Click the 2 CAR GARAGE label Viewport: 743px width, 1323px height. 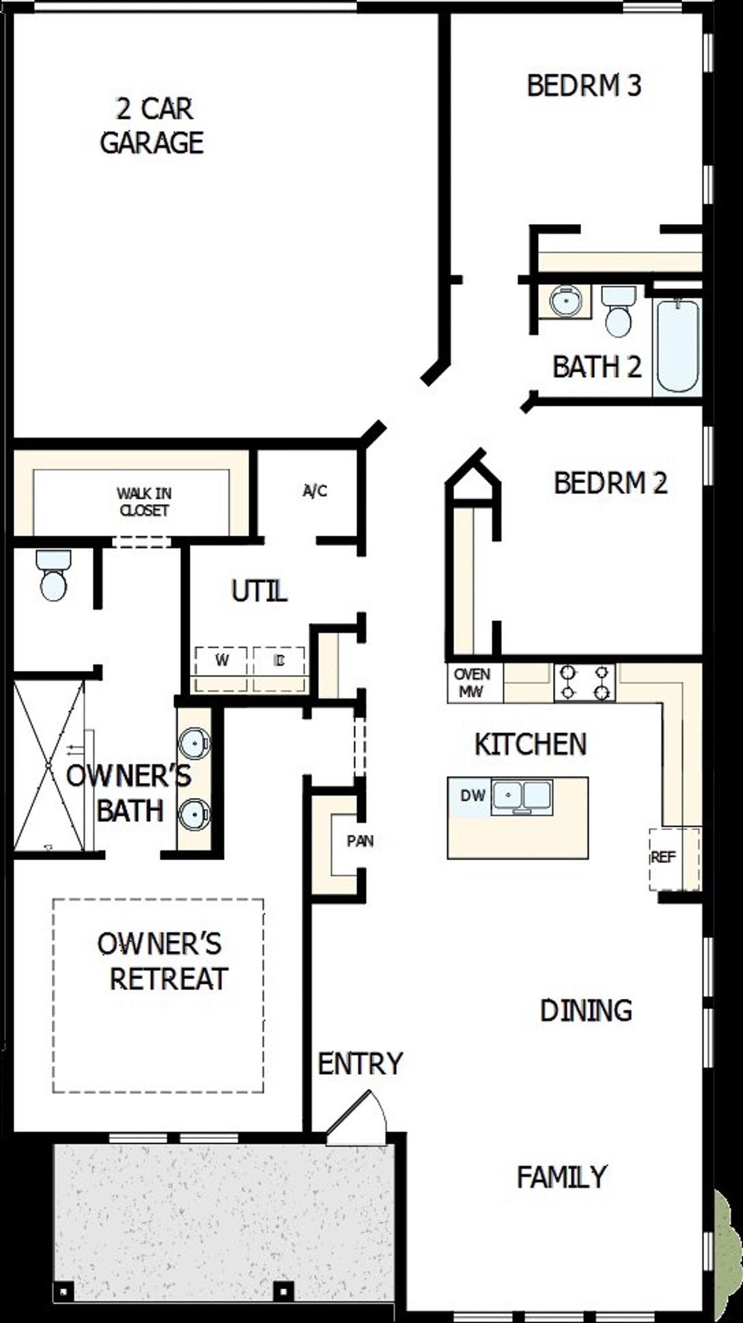pos(152,126)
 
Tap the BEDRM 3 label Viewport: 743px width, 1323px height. pos(584,85)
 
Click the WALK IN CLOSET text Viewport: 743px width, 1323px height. pos(143,502)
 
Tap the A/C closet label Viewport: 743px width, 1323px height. pos(315,491)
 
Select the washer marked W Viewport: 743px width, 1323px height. pos(222,661)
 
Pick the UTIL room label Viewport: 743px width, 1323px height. pos(259,592)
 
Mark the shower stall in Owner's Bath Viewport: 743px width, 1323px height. pos(49,766)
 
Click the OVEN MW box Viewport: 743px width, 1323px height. pos(473,683)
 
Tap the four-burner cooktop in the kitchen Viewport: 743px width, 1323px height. pos(585,683)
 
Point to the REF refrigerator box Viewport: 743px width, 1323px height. pos(663,858)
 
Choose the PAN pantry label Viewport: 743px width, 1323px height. pos(360,840)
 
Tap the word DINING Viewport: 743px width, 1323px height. pos(586,1011)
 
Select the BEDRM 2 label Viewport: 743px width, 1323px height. pos(611,483)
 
